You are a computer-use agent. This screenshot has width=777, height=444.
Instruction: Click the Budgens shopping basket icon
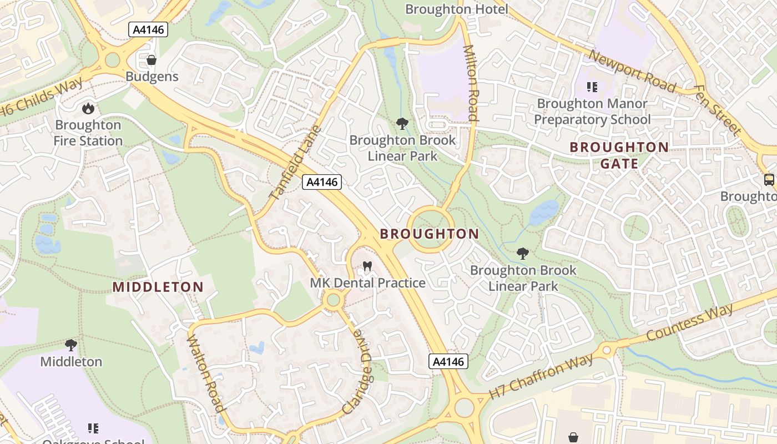(151, 60)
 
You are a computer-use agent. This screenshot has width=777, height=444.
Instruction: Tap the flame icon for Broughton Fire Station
(88, 108)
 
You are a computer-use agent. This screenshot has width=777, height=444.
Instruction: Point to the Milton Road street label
(471, 83)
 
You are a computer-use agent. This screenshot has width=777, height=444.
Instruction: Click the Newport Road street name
(632, 71)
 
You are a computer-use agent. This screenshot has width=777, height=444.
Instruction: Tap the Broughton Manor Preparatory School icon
(592, 87)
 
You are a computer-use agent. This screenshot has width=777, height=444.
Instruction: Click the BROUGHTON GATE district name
(619, 155)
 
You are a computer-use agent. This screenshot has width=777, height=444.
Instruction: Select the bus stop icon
(769, 180)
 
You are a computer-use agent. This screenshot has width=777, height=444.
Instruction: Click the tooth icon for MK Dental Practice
(366, 266)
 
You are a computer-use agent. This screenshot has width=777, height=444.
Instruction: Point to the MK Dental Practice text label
(367, 283)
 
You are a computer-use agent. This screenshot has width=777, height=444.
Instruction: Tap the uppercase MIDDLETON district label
(158, 287)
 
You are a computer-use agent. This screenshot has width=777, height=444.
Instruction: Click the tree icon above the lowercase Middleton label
(70, 345)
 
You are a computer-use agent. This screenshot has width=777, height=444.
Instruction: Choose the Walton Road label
(206, 374)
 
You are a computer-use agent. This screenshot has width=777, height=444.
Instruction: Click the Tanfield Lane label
(295, 163)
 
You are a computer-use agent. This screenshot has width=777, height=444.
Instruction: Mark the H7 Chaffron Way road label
(541, 376)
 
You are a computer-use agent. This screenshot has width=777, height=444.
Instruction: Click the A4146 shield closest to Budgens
(148, 29)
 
